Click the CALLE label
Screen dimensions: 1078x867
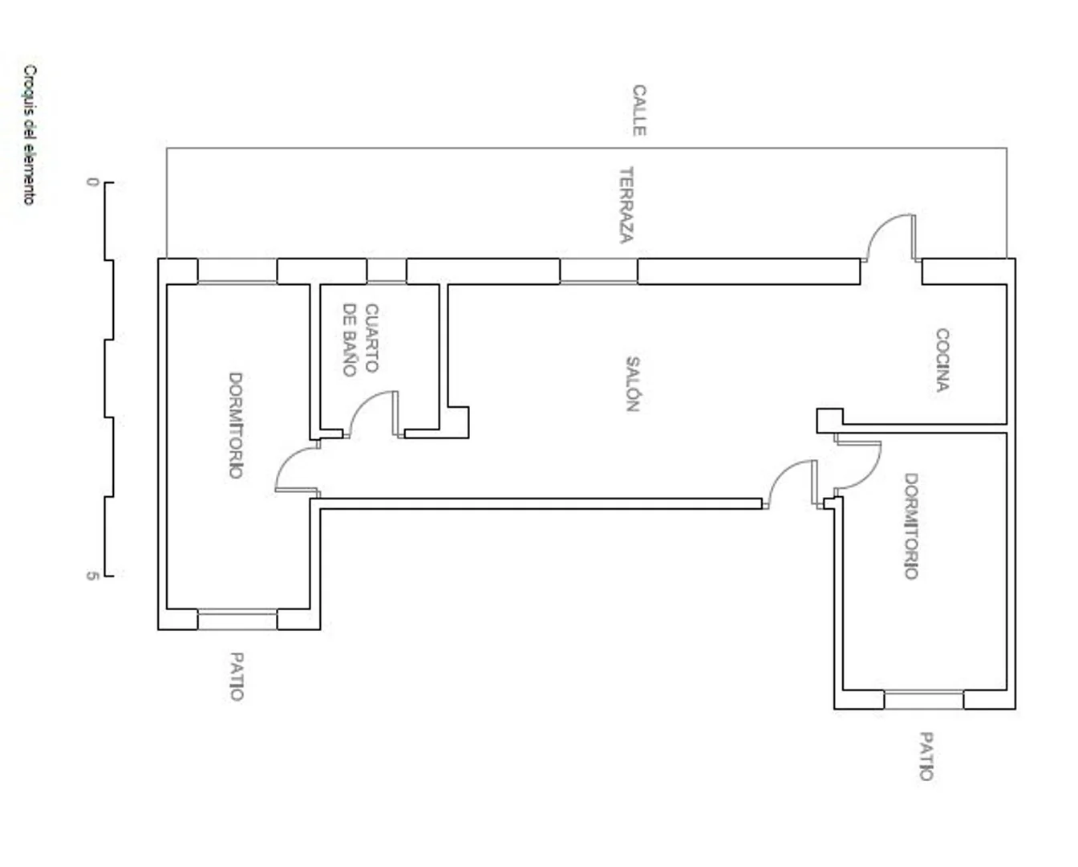tap(639, 110)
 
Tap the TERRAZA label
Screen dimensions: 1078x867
tap(626, 205)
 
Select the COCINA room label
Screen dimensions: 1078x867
tap(942, 360)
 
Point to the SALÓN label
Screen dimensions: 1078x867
tap(633, 384)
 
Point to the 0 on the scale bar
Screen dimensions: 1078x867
tap(93, 182)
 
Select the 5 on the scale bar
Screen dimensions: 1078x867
tap(92, 576)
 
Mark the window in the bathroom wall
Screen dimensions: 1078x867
tap(387, 271)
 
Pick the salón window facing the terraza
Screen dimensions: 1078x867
tap(598, 271)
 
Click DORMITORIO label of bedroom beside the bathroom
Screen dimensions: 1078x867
tap(236, 425)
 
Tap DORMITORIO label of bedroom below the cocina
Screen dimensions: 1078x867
tap(911, 526)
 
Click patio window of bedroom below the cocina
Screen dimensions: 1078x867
tap(924, 700)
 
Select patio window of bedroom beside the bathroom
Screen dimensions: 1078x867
tap(237, 619)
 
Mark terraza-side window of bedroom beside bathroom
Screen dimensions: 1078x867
tap(237, 271)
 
